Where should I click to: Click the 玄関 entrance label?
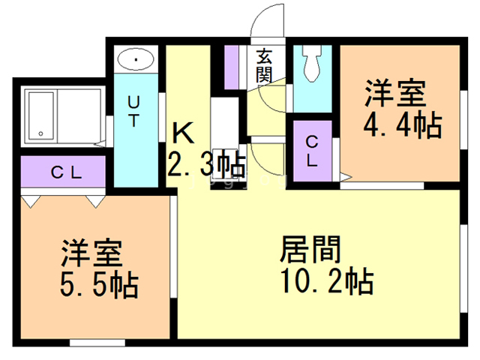tap(263, 64)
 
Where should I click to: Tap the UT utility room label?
tap(133, 111)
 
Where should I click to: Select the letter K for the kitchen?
tap(184, 133)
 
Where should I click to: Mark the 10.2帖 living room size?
tap(326, 283)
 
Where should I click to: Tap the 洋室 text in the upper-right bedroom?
tap(395, 94)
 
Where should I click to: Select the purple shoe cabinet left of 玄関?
tap(232, 67)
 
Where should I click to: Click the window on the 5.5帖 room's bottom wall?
tap(97, 343)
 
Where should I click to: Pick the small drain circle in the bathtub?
tap(40, 133)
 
